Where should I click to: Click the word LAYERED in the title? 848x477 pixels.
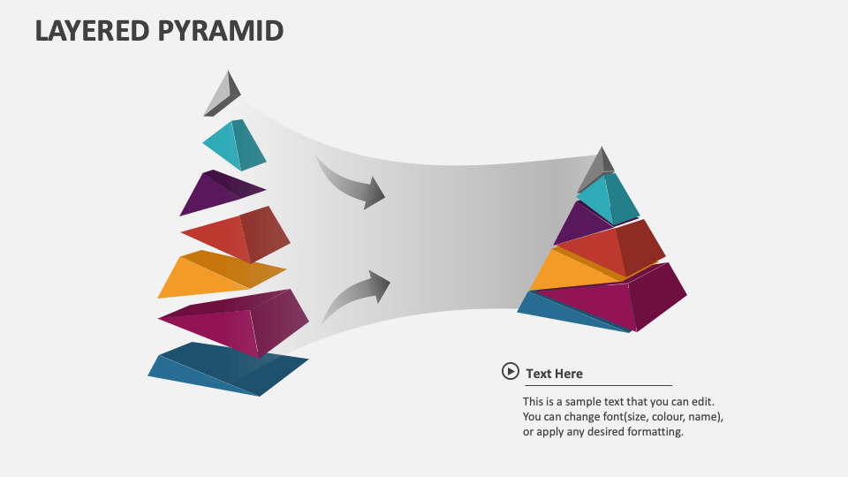[92, 30]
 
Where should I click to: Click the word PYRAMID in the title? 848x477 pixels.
[220, 30]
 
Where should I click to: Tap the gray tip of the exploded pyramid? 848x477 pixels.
[223, 94]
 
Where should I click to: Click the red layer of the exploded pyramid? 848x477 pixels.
[238, 234]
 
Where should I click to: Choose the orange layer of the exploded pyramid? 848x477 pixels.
[216, 275]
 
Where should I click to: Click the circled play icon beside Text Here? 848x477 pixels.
[510, 372]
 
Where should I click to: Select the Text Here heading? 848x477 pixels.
[554, 374]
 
